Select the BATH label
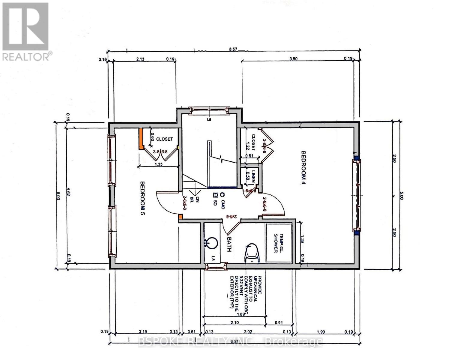click(x=229, y=244)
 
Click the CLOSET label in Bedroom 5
click(x=164, y=139)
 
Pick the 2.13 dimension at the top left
click(x=140, y=59)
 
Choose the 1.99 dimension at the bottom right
click(x=321, y=332)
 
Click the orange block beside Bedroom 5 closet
click(x=140, y=139)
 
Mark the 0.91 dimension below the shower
click(x=279, y=322)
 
